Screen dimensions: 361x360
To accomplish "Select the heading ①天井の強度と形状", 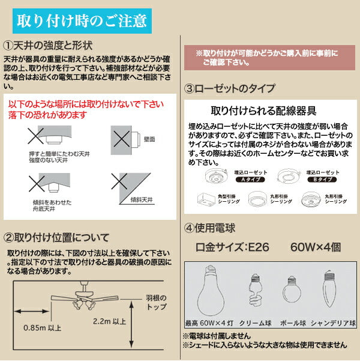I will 50,46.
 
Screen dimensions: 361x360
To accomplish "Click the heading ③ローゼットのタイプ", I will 230,88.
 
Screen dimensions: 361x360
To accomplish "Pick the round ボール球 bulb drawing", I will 291,292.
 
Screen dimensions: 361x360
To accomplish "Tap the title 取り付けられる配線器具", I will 264,112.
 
